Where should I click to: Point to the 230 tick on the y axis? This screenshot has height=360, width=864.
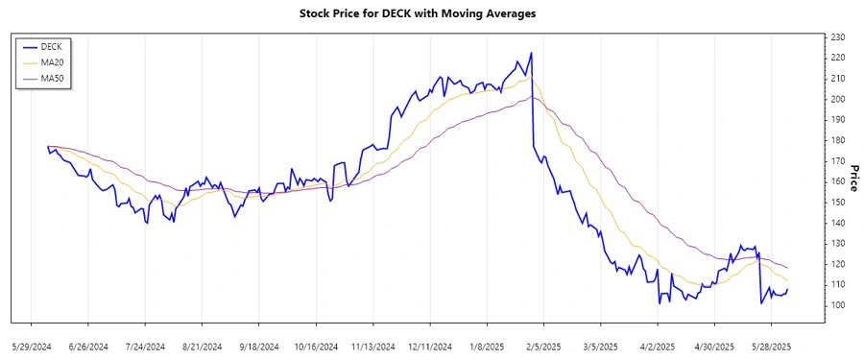tap(837, 37)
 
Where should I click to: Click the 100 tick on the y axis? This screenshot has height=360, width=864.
tap(837, 305)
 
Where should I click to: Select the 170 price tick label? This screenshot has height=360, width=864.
tap(837, 161)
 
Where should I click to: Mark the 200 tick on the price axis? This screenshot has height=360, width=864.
tap(837, 99)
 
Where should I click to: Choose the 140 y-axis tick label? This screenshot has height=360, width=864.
tap(837, 223)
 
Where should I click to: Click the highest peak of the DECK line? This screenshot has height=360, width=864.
tap(531, 54)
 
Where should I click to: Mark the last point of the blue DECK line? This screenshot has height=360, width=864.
tap(787, 290)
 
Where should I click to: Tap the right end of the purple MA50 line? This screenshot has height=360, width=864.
tap(787, 268)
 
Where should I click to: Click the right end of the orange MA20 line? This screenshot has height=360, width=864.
tap(787, 280)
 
